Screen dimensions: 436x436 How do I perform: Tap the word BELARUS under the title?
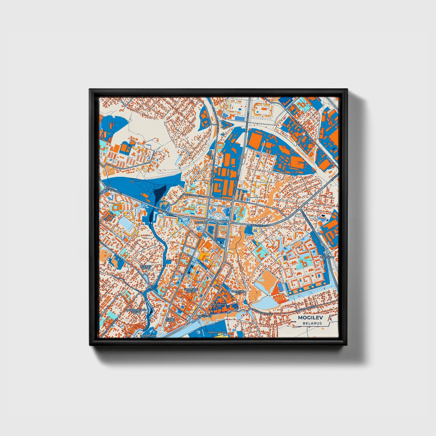pyautogui.click(x=312, y=323)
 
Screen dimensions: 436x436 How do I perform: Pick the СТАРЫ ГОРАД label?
pyautogui.click(x=170, y=320)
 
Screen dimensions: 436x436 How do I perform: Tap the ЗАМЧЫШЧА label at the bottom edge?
pyautogui.click(x=148, y=336)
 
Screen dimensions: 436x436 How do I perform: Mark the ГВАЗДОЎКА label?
pyautogui.click(x=218, y=305)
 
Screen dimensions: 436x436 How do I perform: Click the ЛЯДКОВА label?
pyautogui.click(x=201, y=222)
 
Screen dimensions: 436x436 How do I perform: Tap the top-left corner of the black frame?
pyautogui.click(x=90, y=89)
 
